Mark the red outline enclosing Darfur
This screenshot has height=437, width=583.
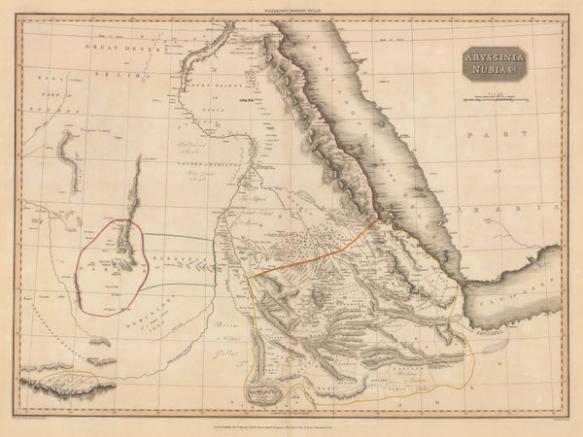pyautogui.click(x=82, y=258)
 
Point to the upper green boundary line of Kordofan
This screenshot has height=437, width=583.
pyautogui.click(x=180, y=235)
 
